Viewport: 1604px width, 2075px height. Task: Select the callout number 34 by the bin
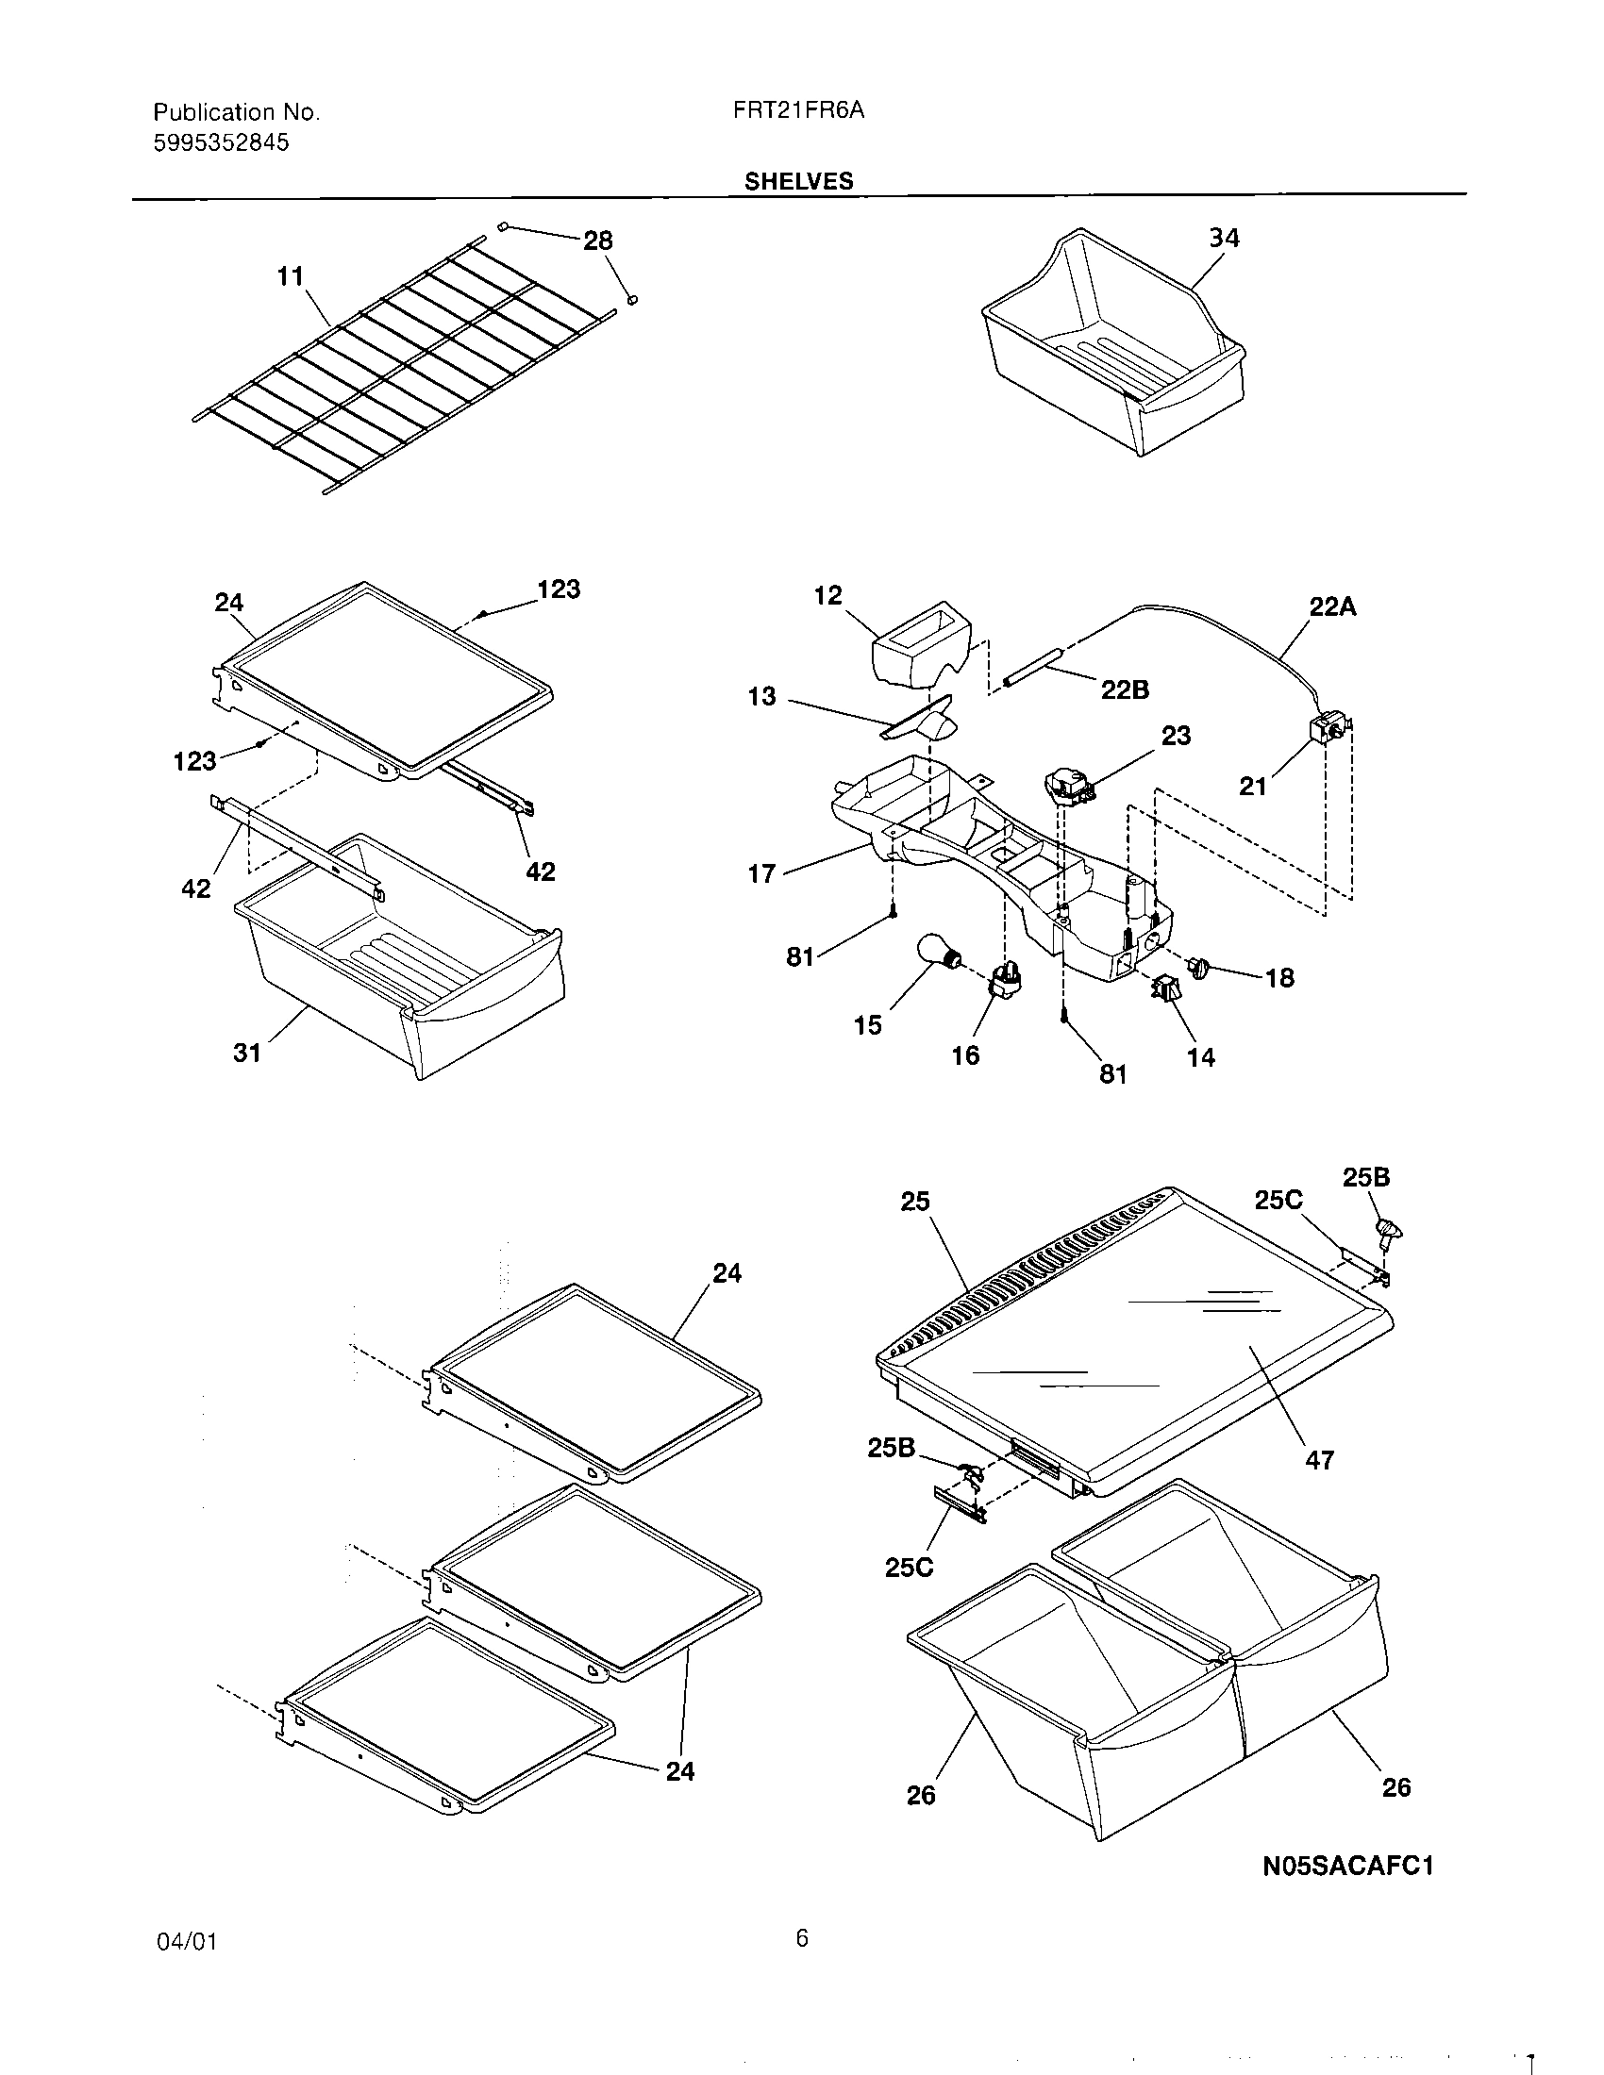1224,238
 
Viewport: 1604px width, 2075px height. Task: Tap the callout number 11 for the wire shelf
290,276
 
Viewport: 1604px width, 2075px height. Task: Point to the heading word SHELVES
798,180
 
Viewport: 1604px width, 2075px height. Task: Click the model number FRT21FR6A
798,111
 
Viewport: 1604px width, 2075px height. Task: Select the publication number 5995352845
222,143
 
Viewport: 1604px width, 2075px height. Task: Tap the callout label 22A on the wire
1332,606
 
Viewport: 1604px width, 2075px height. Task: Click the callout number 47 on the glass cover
1319,1459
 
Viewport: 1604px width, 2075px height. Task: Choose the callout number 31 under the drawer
247,1053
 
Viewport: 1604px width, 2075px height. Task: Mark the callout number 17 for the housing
762,873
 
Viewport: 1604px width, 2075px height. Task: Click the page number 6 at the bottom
802,1937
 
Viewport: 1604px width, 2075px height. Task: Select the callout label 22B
1125,690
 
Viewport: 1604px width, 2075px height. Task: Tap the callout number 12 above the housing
827,596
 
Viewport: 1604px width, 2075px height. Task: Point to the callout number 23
1176,736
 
